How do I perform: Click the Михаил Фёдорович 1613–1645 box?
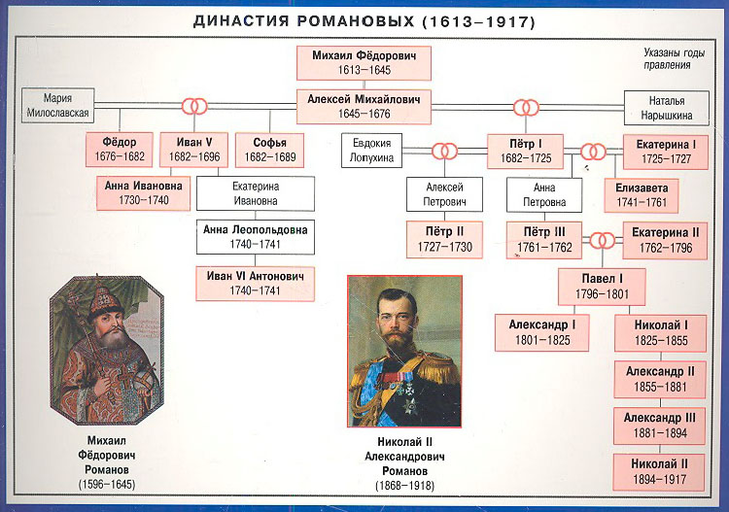click(x=364, y=63)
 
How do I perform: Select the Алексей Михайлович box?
click(x=364, y=107)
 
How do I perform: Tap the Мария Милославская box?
click(x=57, y=106)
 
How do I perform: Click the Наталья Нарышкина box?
click(x=666, y=108)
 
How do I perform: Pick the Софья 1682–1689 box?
click(x=269, y=150)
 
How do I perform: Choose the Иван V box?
click(x=193, y=150)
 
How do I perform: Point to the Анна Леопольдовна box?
click(x=256, y=237)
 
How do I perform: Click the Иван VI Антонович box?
click(x=256, y=284)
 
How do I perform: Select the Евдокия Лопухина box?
click(x=371, y=151)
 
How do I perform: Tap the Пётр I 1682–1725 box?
click(x=525, y=152)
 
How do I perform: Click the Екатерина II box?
click(x=665, y=241)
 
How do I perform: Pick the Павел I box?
click(x=602, y=287)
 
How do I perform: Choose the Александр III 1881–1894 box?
click(x=660, y=427)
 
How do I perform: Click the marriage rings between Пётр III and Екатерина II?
click(x=603, y=241)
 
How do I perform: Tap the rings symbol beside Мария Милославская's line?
click(x=194, y=107)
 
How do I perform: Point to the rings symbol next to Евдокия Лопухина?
click(x=444, y=151)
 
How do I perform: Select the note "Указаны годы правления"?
click(x=674, y=58)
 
